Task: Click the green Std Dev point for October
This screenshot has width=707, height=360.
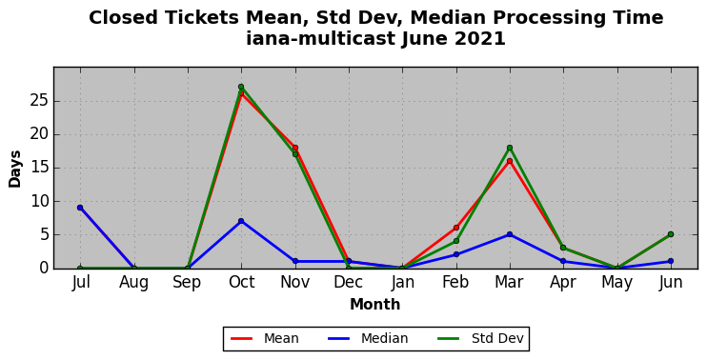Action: point(241,87)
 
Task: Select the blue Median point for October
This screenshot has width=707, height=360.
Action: point(241,221)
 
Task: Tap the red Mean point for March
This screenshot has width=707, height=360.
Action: point(510,161)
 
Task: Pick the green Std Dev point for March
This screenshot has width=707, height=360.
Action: point(510,148)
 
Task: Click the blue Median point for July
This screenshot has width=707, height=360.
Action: point(80,208)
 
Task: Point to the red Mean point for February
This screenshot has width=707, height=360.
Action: point(456,228)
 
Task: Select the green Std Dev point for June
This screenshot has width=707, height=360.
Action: point(671,234)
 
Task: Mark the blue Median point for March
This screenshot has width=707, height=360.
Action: point(510,234)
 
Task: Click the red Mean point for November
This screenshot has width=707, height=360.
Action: point(295,148)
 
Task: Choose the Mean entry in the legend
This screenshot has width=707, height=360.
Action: point(265,338)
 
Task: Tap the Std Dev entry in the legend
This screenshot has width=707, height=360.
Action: point(480,338)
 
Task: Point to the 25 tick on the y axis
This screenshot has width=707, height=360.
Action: point(40,101)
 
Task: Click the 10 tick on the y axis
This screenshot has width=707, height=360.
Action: point(40,201)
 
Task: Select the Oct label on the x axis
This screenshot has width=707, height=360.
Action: point(241,283)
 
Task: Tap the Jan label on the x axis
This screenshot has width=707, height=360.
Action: point(402,283)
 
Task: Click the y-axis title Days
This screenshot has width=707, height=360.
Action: point(15,169)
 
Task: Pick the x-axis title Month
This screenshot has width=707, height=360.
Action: point(375,305)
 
